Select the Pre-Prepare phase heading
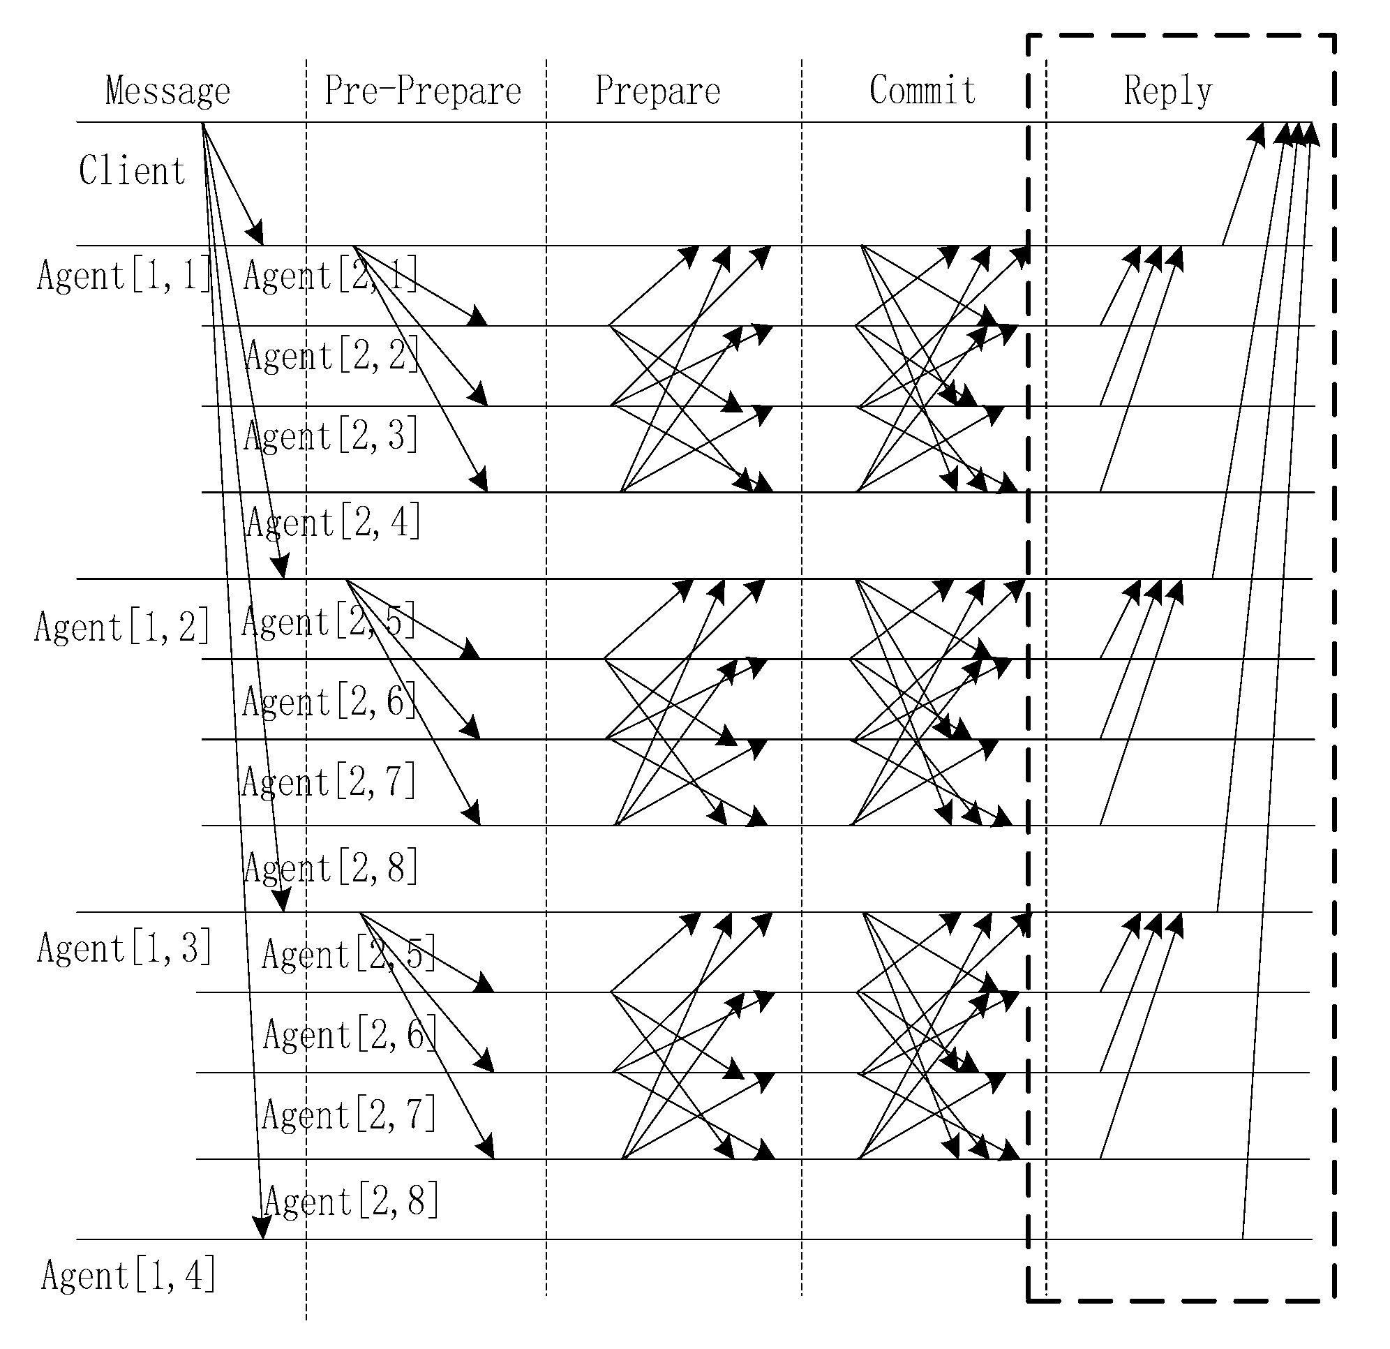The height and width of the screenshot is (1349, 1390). [x=423, y=91]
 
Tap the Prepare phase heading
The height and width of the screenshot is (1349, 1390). [x=657, y=91]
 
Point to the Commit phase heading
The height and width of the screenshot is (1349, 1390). [x=922, y=91]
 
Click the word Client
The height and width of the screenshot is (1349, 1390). [x=132, y=172]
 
